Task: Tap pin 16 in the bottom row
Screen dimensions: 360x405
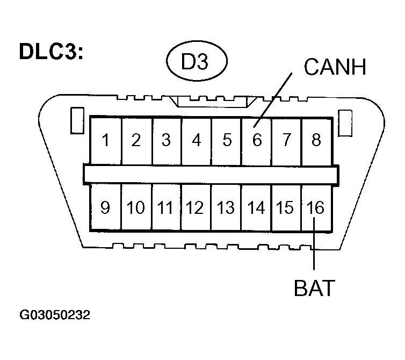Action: [x=316, y=207]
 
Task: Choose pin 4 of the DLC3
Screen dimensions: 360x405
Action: [x=197, y=141]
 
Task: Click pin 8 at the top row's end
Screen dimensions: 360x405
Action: [x=316, y=141]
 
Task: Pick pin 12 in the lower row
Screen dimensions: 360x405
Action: [x=196, y=207]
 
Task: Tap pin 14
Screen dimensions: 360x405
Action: [x=256, y=207]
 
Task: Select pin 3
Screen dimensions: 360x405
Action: [x=166, y=141]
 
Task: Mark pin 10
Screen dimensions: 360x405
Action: [x=136, y=207]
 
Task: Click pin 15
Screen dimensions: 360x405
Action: [x=286, y=207]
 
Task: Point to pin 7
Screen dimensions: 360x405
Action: [x=286, y=141]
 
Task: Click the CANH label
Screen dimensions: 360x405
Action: [x=335, y=67]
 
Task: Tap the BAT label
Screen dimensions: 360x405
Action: [x=314, y=288]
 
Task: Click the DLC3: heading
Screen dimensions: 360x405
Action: [x=51, y=52]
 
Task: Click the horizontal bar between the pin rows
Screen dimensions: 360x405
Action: [x=211, y=174]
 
